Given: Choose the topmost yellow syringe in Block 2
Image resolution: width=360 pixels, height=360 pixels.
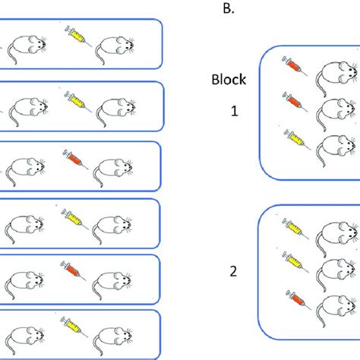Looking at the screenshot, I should [294, 226].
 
